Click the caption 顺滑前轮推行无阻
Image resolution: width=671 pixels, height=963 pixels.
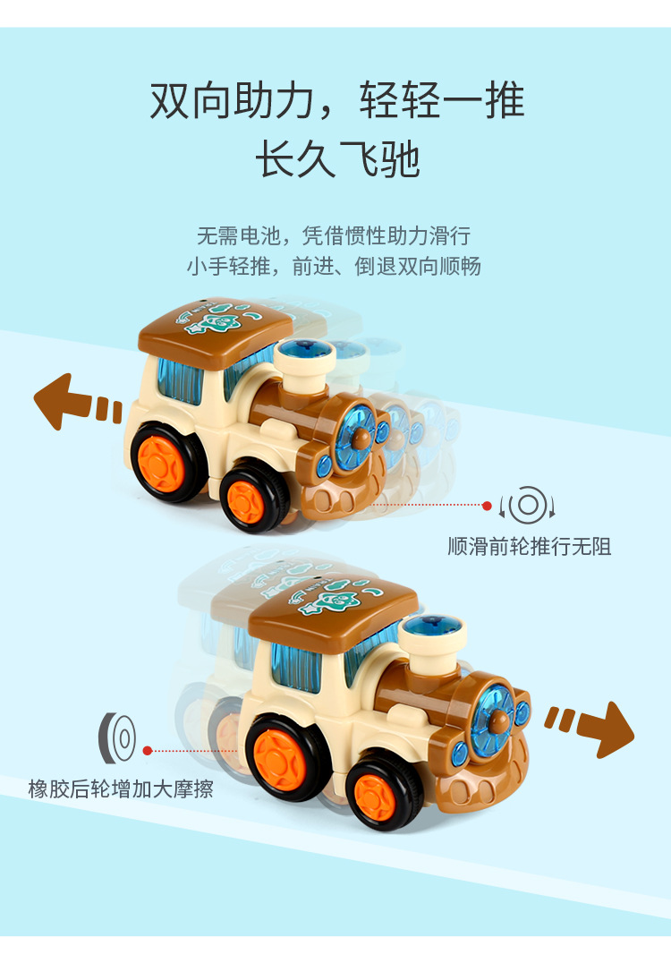[530, 546]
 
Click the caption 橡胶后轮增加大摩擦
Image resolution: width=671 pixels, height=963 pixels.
[121, 789]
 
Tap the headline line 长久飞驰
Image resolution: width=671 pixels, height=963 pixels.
[337, 160]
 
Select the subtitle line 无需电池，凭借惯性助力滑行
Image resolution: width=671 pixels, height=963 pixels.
[333, 236]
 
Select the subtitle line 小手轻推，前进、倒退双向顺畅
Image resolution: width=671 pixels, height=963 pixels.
[334, 267]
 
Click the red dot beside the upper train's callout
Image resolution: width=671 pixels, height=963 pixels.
[487, 506]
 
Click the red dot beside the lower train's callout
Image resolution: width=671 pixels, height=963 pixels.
[146, 751]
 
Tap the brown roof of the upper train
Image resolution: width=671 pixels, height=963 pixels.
[215, 323]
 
